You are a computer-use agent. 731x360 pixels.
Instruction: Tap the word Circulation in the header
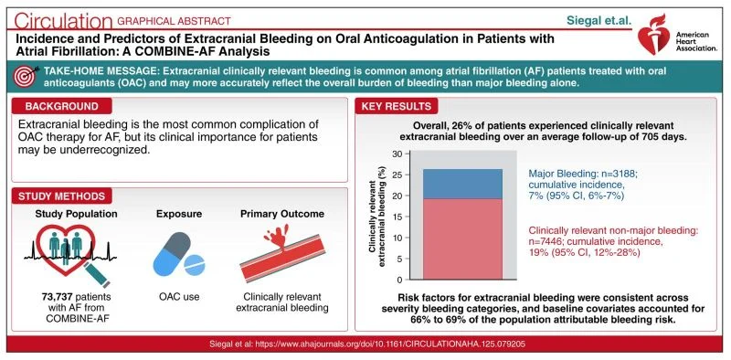[x=63, y=21]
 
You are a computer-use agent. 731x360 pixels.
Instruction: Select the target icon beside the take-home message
[x=26, y=77]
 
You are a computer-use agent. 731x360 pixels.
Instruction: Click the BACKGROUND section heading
[x=61, y=106]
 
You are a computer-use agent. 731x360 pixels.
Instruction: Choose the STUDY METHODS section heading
[x=61, y=196]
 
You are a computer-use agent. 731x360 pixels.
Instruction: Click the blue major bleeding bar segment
[x=462, y=185]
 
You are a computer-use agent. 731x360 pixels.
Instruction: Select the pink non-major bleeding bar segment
[x=462, y=239]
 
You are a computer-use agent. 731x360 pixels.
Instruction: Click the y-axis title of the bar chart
[x=377, y=217]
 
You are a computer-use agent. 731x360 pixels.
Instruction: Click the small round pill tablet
[x=195, y=264]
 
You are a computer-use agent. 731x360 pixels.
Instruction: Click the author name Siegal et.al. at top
[x=593, y=21]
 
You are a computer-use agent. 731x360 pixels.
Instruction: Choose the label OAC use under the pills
[x=179, y=296]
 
